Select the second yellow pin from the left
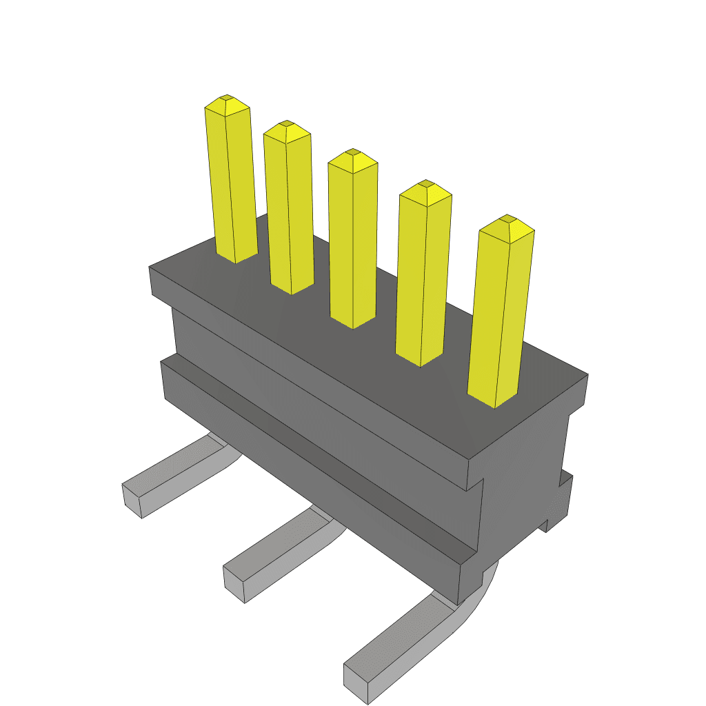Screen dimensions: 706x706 288,210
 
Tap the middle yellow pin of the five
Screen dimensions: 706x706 352,241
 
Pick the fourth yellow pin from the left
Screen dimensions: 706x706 422,276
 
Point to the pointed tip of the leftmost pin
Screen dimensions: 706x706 226,101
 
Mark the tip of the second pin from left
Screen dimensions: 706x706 287,126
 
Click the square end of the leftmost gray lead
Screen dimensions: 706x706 132,501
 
